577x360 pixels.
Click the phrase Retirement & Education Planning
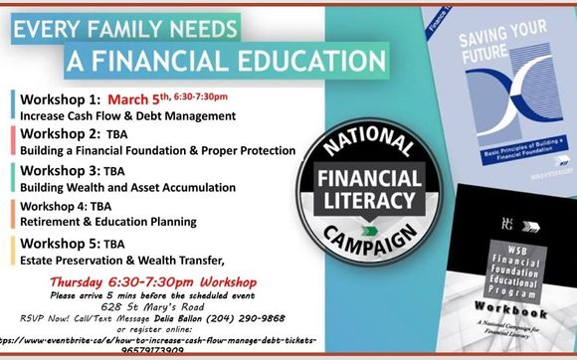click(x=104, y=222)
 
